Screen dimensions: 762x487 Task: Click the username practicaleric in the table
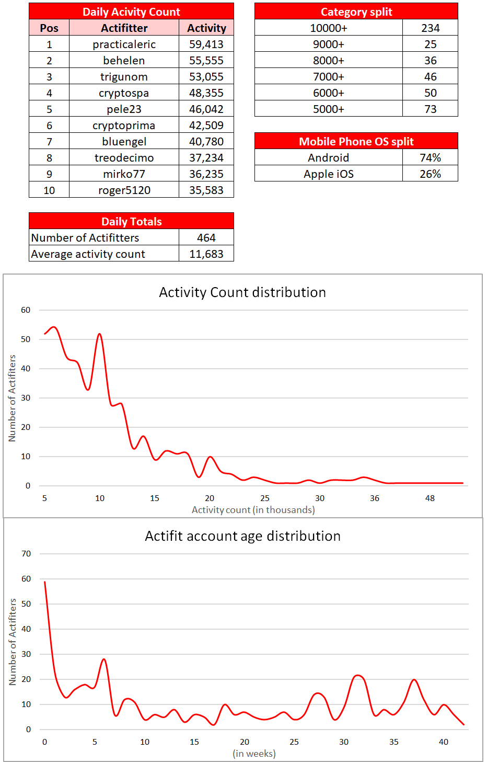tap(124, 44)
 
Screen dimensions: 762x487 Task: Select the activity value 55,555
tap(206, 61)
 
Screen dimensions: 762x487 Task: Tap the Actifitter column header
tap(124, 28)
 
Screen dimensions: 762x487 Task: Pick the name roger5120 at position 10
tap(124, 190)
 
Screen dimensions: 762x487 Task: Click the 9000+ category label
tap(328, 44)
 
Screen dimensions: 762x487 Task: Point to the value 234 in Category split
tap(430, 28)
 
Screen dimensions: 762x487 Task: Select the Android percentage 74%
tap(430, 158)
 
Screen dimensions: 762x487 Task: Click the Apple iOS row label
tap(328, 174)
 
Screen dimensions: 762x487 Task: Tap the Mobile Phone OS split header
tap(356, 142)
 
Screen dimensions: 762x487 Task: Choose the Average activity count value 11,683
tap(206, 254)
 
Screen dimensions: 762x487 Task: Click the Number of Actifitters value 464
tap(206, 238)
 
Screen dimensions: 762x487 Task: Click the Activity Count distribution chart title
tap(242, 292)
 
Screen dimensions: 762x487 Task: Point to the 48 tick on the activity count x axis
tap(430, 498)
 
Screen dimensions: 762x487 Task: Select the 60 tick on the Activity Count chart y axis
tap(26, 310)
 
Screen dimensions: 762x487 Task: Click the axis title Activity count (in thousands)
tap(253, 510)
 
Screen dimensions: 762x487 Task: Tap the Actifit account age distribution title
tap(242, 536)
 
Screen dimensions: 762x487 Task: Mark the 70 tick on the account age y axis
tap(26, 554)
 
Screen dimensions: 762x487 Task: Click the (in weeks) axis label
tap(254, 754)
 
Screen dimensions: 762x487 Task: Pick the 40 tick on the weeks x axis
tap(443, 742)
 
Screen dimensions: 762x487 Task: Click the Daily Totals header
tap(131, 222)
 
